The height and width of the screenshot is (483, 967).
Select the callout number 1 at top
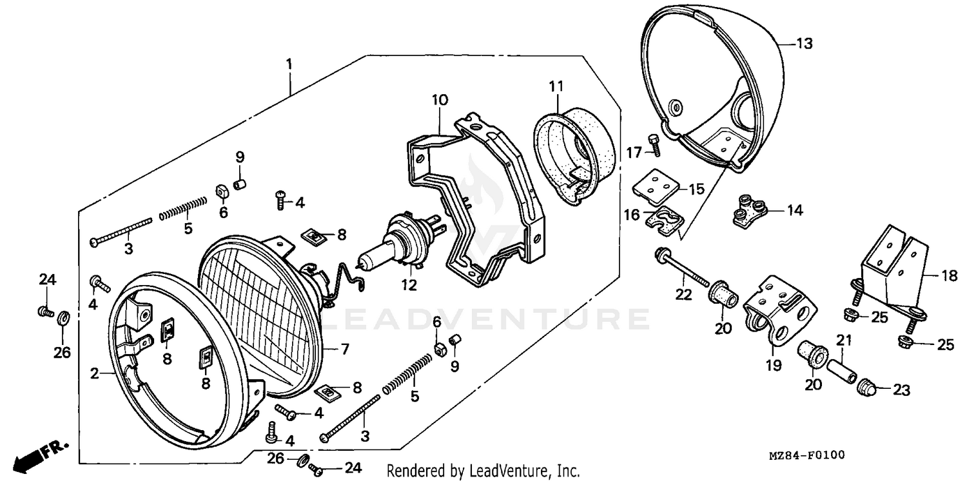289,64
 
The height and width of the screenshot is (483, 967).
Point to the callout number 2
94,373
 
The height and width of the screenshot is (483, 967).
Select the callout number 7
345,350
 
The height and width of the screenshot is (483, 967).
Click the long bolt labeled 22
683,268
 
